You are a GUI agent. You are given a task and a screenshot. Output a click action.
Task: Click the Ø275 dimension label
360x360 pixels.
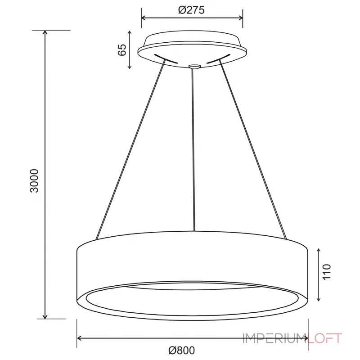pos(191,10)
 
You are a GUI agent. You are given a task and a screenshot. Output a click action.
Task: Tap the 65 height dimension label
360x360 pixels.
pos(122,49)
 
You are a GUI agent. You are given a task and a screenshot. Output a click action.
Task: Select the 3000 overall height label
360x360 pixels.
pos(35,181)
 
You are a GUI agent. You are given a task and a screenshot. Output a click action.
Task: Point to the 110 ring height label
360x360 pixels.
pos(327,272)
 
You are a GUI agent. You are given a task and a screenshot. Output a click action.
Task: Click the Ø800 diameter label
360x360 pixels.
pos(182,351)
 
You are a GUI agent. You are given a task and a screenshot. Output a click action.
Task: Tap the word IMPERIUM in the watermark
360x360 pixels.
pos(275,338)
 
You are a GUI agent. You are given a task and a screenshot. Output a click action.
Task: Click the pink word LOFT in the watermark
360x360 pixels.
pos(324,338)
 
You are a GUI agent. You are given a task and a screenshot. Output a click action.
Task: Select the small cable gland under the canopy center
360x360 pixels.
pos(194,67)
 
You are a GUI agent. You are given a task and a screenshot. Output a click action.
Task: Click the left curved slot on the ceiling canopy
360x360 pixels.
pos(166,59)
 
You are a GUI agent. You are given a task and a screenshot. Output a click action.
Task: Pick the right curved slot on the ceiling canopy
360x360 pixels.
pos(218,58)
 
